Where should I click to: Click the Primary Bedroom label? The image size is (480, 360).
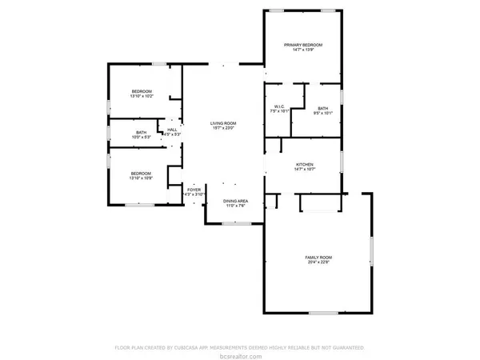coord(303,45)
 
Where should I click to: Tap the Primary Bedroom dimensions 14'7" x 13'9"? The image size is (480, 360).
coord(303,50)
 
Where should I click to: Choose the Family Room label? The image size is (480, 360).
coord(318,257)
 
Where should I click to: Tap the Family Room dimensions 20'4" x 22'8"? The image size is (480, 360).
coord(318,262)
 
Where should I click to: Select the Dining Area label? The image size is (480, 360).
coord(234,200)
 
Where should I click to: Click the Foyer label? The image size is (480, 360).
coord(194,190)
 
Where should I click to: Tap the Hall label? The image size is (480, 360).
coord(172,129)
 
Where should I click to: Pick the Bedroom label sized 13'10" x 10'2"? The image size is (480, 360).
coord(142,91)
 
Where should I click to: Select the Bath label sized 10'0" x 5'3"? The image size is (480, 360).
coord(142,132)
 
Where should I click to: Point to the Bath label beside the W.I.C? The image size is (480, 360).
coord(322,108)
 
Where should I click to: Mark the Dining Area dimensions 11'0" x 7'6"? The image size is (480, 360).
coord(234,206)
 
